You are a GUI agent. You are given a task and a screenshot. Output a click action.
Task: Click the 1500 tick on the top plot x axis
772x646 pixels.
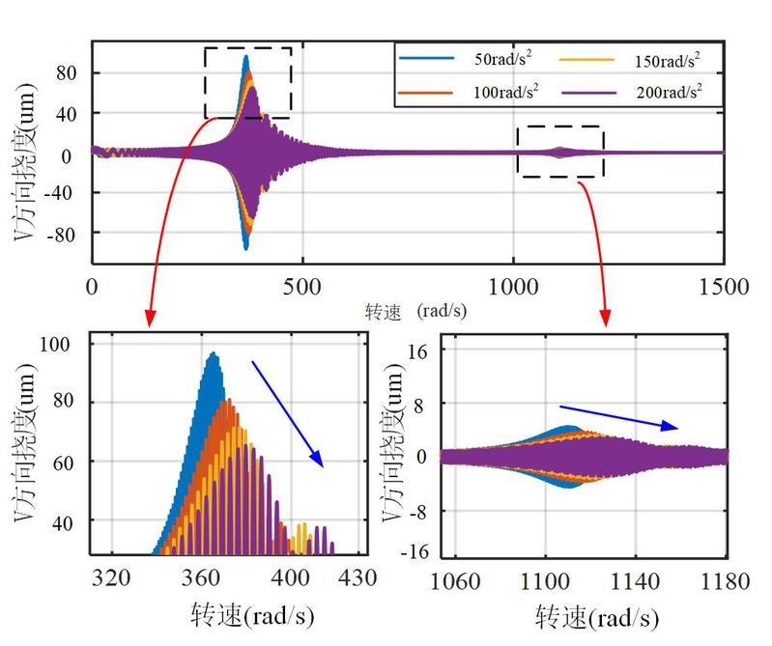coord(724,287)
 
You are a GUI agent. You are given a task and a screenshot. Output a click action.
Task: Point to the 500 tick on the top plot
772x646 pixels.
coord(303,287)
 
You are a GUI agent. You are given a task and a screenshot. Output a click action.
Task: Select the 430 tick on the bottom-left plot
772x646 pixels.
coord(357,577)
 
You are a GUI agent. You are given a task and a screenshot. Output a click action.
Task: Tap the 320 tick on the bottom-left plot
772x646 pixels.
coord(111,577)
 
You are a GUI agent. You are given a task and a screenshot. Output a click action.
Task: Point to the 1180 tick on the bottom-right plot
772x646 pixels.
coord(726,581)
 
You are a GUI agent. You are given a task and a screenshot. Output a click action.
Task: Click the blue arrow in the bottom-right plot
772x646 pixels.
coord(618,417)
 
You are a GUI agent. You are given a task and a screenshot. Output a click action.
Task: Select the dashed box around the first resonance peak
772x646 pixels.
coord(248,83)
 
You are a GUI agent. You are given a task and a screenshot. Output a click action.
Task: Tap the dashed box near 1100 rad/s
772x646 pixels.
coord(560,152)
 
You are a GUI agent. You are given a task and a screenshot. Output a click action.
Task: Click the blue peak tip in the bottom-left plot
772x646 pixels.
coord(212,353)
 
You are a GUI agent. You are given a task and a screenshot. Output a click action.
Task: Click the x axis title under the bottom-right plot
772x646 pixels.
coord(598,616)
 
